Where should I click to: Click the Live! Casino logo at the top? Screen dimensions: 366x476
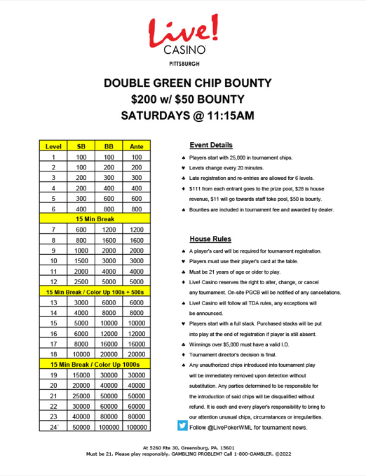tap(182, 34)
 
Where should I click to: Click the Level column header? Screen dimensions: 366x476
tap(53, 146)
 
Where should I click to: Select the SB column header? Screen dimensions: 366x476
tap(81, 146)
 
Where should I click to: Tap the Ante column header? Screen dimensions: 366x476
tap(137, 146)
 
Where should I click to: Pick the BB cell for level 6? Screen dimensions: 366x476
tap(109, 209)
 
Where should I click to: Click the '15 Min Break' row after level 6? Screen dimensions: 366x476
tap(95, 219)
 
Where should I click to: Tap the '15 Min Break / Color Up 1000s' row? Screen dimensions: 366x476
tap(95, 364)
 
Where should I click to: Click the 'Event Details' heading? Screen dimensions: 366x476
tap(211, 145)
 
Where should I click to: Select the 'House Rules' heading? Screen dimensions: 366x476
tap(210, 239)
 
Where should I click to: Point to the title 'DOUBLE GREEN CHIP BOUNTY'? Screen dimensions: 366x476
tap(182, 82)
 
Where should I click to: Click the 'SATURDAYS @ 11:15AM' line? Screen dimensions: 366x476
tap(182, 114)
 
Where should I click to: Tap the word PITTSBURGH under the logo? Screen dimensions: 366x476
tap(182, 62)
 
